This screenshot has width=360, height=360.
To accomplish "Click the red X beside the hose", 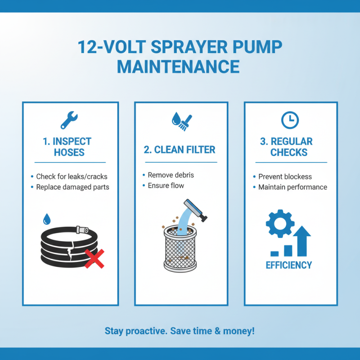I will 94,259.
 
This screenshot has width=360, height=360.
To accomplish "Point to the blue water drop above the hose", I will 46,219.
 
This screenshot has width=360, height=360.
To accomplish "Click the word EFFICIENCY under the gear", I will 288,265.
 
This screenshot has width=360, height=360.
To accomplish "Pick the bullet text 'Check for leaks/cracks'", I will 72,176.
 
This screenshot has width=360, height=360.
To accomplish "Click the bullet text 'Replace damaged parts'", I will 72,187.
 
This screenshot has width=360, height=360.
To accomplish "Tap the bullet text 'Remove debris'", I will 171,175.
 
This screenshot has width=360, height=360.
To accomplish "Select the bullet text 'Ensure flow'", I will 166,185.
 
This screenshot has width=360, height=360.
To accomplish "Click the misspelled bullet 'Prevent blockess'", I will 285,176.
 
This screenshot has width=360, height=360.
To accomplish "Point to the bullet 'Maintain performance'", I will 292,187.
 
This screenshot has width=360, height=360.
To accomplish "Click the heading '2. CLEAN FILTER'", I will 180,150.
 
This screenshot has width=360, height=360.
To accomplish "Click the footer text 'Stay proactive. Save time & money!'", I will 180,331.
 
